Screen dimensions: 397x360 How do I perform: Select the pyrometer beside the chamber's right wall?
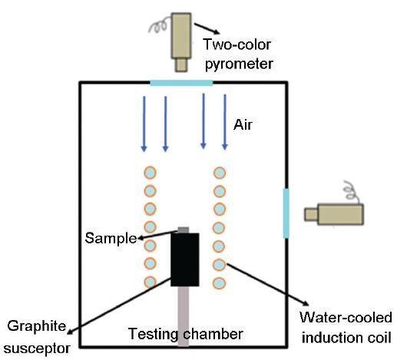click(x=334, y=214)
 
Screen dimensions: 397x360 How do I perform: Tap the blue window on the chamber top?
click(x=181, y=83)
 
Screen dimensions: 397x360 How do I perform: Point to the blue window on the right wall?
click(x=286, y=213)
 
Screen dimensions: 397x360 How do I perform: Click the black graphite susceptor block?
click(x=185, y=259)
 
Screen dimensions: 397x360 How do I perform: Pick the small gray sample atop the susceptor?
click(x=184, y=230)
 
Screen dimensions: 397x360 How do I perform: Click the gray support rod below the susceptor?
click(x=184, y=316)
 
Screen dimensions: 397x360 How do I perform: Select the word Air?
click(x=243, y=125)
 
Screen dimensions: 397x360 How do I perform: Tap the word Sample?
click(x=111, y=239)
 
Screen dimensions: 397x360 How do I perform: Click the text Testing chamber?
click(x=186, y=334)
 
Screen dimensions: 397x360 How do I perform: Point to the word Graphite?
click(x=37, y=326)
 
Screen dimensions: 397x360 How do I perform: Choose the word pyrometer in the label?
click(x=239, y=64)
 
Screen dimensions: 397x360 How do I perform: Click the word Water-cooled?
click(x=346, y=318)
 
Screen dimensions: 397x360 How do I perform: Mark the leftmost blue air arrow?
click(x=144, y=124)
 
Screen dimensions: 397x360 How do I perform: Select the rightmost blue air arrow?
click(x=225, y=122)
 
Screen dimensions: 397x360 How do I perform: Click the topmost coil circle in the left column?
click(x=150, y=173)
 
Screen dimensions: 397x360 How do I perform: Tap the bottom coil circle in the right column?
click(x=219, y=283)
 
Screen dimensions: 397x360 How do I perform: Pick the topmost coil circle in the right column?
click(x=220, y=173)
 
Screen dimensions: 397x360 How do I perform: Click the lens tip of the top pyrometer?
click(x=181, y=65)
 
